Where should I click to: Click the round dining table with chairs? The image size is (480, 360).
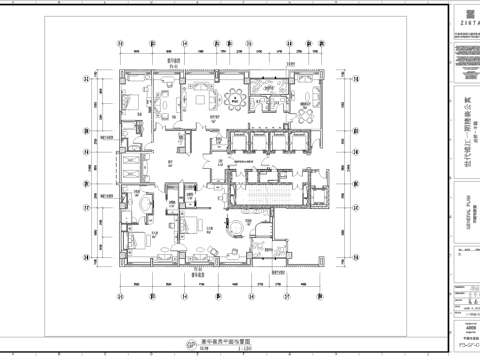(236, 98)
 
